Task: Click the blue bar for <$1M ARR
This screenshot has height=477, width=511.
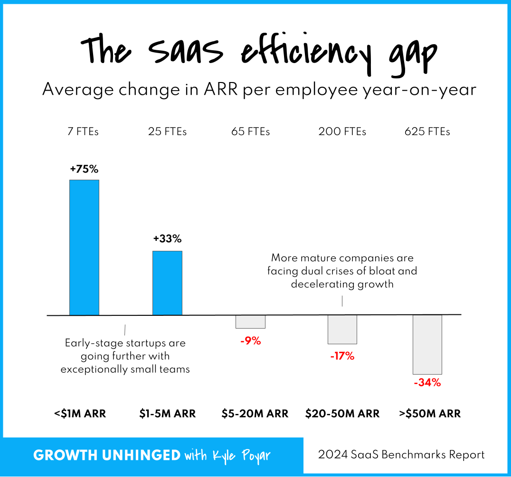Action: [84, 247]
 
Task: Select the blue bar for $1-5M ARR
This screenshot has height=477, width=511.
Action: [167, 283]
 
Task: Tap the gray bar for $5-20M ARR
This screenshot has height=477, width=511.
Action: [250, 321]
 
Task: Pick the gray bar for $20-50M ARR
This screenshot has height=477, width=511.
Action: [342, 330]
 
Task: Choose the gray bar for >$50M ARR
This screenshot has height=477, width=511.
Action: [427, 345]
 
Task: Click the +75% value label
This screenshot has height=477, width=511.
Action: [84, 169]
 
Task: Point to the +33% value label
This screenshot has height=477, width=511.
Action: [167, 239]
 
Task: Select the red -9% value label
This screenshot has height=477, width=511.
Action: [250, 340]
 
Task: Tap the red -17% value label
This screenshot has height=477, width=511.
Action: [342, 356]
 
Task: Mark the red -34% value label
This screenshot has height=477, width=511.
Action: [427, 383]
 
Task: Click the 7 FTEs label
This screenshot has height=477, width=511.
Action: [84, 132]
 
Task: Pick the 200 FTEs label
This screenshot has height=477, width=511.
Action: [342, 132]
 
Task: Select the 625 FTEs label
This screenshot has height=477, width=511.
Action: [427, 132]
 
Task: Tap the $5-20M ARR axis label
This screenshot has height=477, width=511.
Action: [255, 413]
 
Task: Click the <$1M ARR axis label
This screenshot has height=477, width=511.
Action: [80, 413]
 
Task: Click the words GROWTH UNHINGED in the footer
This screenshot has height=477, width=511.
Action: [107, 456]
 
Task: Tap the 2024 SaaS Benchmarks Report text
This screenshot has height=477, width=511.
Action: [401, 455]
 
